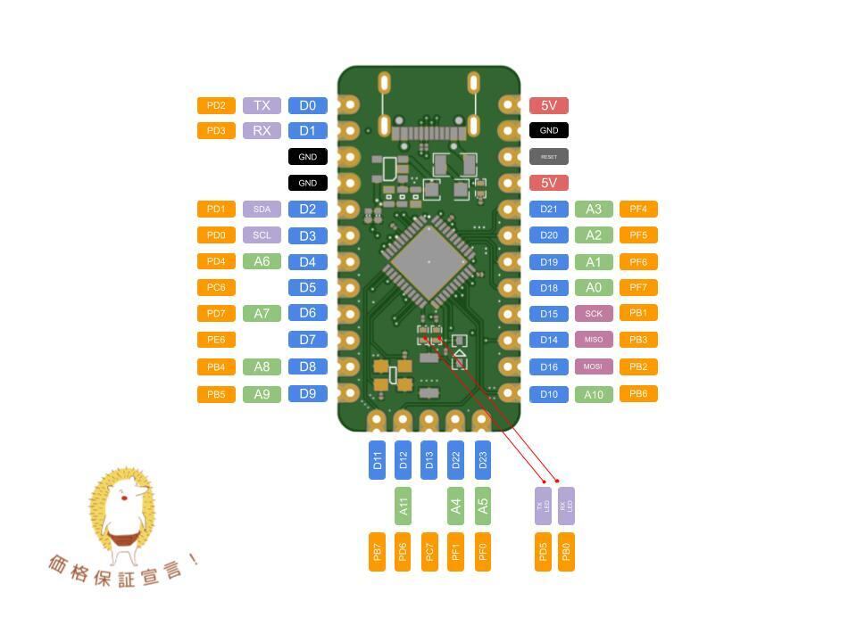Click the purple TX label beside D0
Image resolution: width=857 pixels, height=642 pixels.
pos(262,105)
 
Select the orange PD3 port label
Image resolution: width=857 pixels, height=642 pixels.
pos(216,131)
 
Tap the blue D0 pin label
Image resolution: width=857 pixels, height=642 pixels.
pos(307,105)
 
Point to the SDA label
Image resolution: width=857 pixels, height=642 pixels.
pos(262,210)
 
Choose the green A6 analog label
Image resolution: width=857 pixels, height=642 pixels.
pos(262,261)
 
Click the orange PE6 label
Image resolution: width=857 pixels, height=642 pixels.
pos(216,340)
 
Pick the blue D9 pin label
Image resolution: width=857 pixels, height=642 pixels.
pos(307,393)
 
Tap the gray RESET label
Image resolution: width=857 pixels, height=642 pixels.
pos(549,157)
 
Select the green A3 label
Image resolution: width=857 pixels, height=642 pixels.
pos(594,210)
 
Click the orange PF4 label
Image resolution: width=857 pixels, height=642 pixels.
pos(638,210)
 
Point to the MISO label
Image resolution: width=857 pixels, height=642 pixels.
pos(594,340)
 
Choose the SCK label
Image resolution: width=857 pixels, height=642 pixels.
pos(594,314)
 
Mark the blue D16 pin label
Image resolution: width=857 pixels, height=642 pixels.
pos(549,367)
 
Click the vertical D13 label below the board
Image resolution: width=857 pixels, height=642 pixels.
pos(429,460)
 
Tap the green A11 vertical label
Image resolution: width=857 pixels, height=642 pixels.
pos(403,506)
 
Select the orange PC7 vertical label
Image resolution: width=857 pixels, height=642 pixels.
pos(429,552)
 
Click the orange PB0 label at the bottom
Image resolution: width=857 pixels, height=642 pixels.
pos(566,552)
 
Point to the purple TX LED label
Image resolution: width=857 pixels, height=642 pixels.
pos(543,506)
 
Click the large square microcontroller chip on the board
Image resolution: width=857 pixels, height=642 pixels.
pos(428,261)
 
